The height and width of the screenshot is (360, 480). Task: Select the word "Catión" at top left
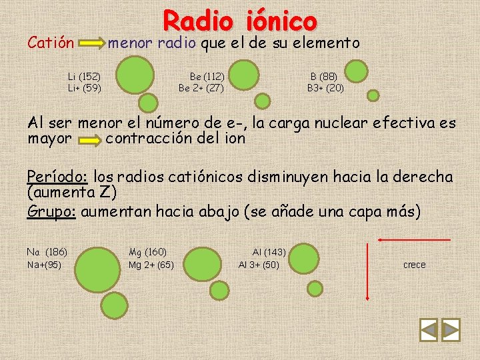pyautogui.click(x=50, y=44)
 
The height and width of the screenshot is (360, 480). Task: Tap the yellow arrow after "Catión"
pyautogui.click(x=91, y=45)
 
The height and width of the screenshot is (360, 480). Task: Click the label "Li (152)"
pyautogui.click(x=85, y=77)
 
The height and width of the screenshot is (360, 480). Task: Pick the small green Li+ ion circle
pyautogui.click(x=148, y=102)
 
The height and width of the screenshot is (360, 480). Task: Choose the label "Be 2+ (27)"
pyautogui.click(x=201, y=87)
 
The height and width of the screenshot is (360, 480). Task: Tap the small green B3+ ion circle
pyautogui.click(x=373, y=95)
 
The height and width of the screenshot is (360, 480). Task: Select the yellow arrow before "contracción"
pyautogui.click(x=87, y=141)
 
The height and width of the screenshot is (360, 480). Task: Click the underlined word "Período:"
pyautogui.click(x=58, y=177)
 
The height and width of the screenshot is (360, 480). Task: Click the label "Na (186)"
pyautogui.click(x=47, y=252)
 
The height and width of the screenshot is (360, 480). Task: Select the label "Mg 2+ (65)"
pyautogui.click(x=151, y=265)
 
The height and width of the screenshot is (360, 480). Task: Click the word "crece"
pyautogui.click(x=414, y=265)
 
